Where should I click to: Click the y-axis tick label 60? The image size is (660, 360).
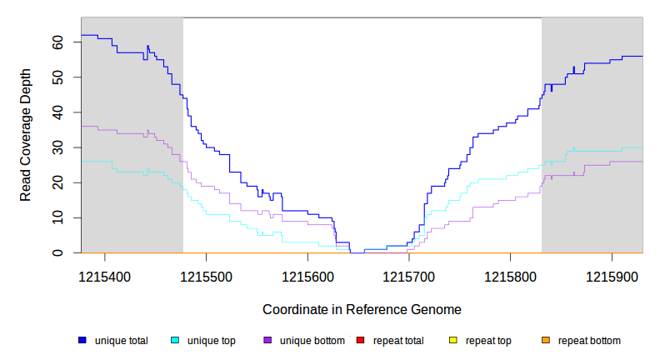pos(58,41)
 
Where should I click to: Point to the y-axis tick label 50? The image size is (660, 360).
pos(58,77)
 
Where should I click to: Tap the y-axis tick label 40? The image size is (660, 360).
pos(58,112)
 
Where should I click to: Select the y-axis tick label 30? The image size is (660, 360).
pos(58,147)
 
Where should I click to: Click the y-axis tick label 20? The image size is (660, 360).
pos(58,182)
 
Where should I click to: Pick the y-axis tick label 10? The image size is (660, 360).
pos(58,217)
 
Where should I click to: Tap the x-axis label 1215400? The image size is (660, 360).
pos(105,275)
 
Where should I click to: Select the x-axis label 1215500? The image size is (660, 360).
pos(207,275)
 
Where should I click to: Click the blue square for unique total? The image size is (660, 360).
pos(82,340)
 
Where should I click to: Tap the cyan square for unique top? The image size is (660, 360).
pos(175,340)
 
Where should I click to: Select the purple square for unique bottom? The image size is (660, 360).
pos(267,340)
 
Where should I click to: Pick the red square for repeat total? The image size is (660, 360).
pos(360,340)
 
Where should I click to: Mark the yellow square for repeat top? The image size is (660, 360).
pos(452,340)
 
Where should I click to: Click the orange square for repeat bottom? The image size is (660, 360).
pos(545,340)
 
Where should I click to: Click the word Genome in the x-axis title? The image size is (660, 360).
pos(437,309)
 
